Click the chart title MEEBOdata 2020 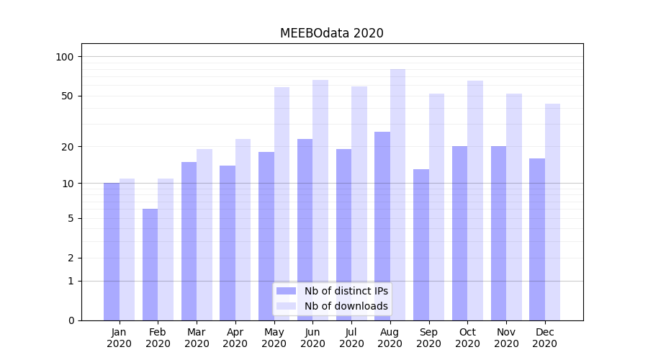331,33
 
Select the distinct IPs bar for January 112,251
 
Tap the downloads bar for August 397,194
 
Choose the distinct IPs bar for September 420,245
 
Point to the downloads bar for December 552,212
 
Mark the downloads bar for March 204,234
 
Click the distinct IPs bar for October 459,233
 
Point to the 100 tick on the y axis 65,57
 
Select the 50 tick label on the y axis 67,96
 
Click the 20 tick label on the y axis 67,146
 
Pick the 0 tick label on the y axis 71,320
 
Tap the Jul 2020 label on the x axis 351,338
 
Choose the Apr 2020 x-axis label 235,338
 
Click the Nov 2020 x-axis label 506,338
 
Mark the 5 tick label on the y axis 71,218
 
